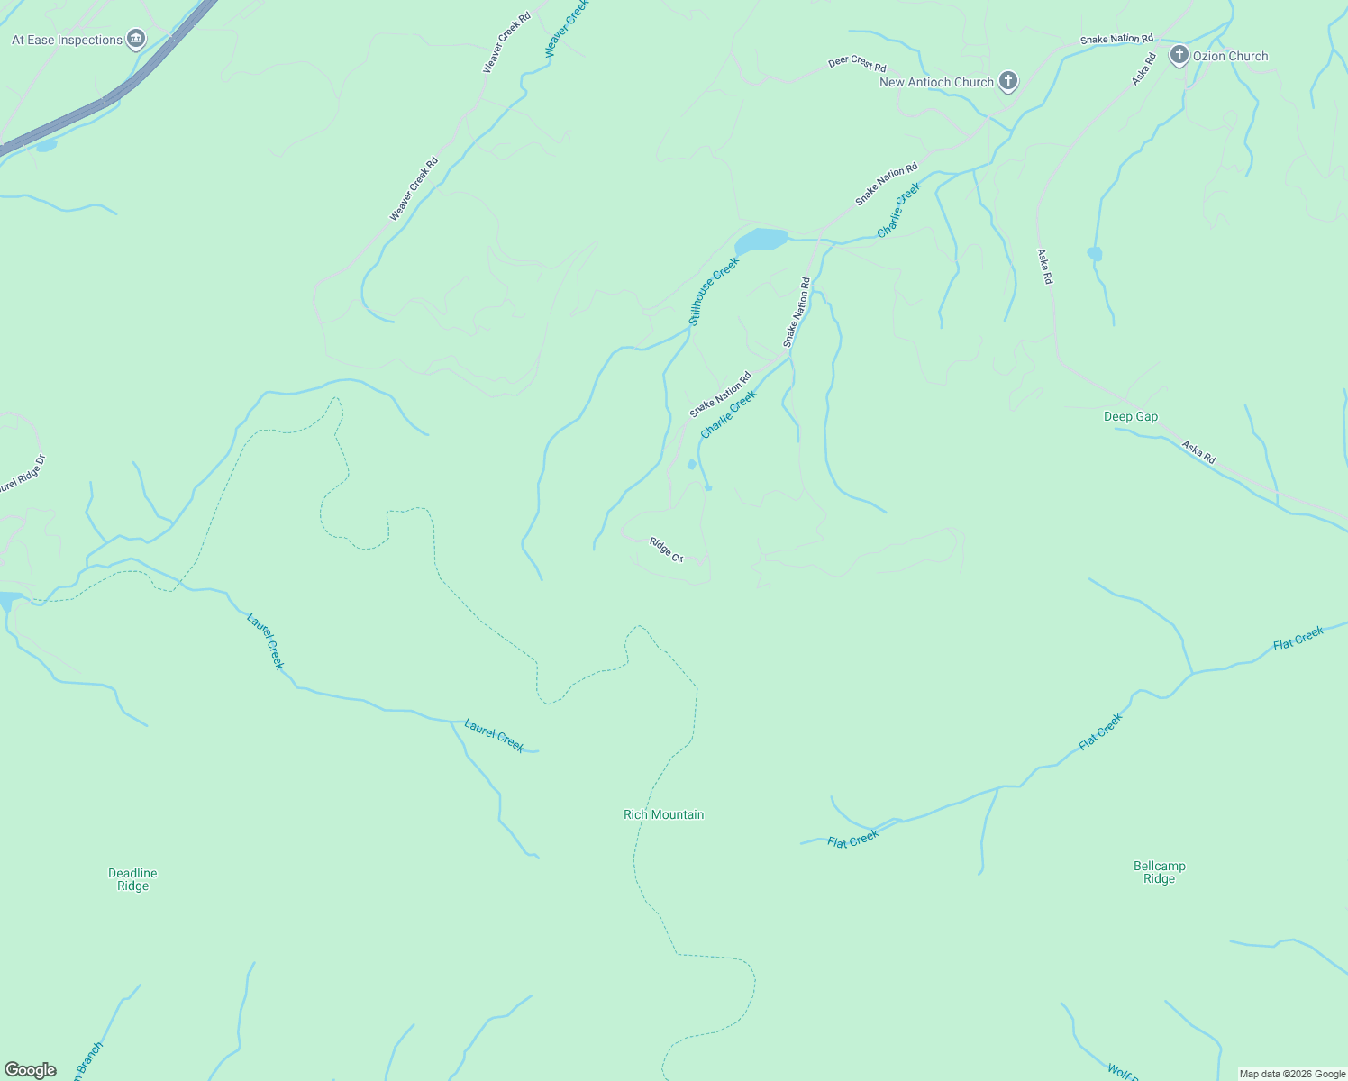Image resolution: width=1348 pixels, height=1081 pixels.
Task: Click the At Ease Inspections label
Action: click(67, 40)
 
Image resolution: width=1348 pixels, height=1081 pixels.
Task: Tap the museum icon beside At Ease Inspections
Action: click(136, 39)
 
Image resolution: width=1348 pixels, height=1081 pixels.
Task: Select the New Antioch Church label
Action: click(936, 82)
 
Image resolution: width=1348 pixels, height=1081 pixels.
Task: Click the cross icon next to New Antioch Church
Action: click(1008, 81)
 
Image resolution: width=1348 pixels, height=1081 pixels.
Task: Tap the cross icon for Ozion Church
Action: click(1179, 55)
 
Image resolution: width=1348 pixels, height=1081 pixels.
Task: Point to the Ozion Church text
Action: click(1230, 56)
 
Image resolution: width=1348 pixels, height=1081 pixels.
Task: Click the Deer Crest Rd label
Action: click(857, 64)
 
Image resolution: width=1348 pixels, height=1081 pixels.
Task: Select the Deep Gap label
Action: click(1131, 416)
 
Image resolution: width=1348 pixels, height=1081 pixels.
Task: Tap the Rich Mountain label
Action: click(663, 814)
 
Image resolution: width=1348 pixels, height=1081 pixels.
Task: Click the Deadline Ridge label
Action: click(132, 879)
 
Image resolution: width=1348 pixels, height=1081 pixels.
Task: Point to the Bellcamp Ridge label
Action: click(1159, 872)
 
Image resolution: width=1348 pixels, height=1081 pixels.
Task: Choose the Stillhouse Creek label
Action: click(714, 291)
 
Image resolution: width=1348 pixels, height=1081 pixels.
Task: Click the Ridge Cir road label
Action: click(667, 550)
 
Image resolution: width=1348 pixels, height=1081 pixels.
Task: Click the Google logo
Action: click(30, 1070)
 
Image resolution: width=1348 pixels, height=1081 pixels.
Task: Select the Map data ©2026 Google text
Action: click(1292, 1074)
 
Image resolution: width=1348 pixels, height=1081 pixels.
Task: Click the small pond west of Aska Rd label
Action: click(1094, 253)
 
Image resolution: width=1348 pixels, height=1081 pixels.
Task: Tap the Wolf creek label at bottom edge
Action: click(1123, 1072)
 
